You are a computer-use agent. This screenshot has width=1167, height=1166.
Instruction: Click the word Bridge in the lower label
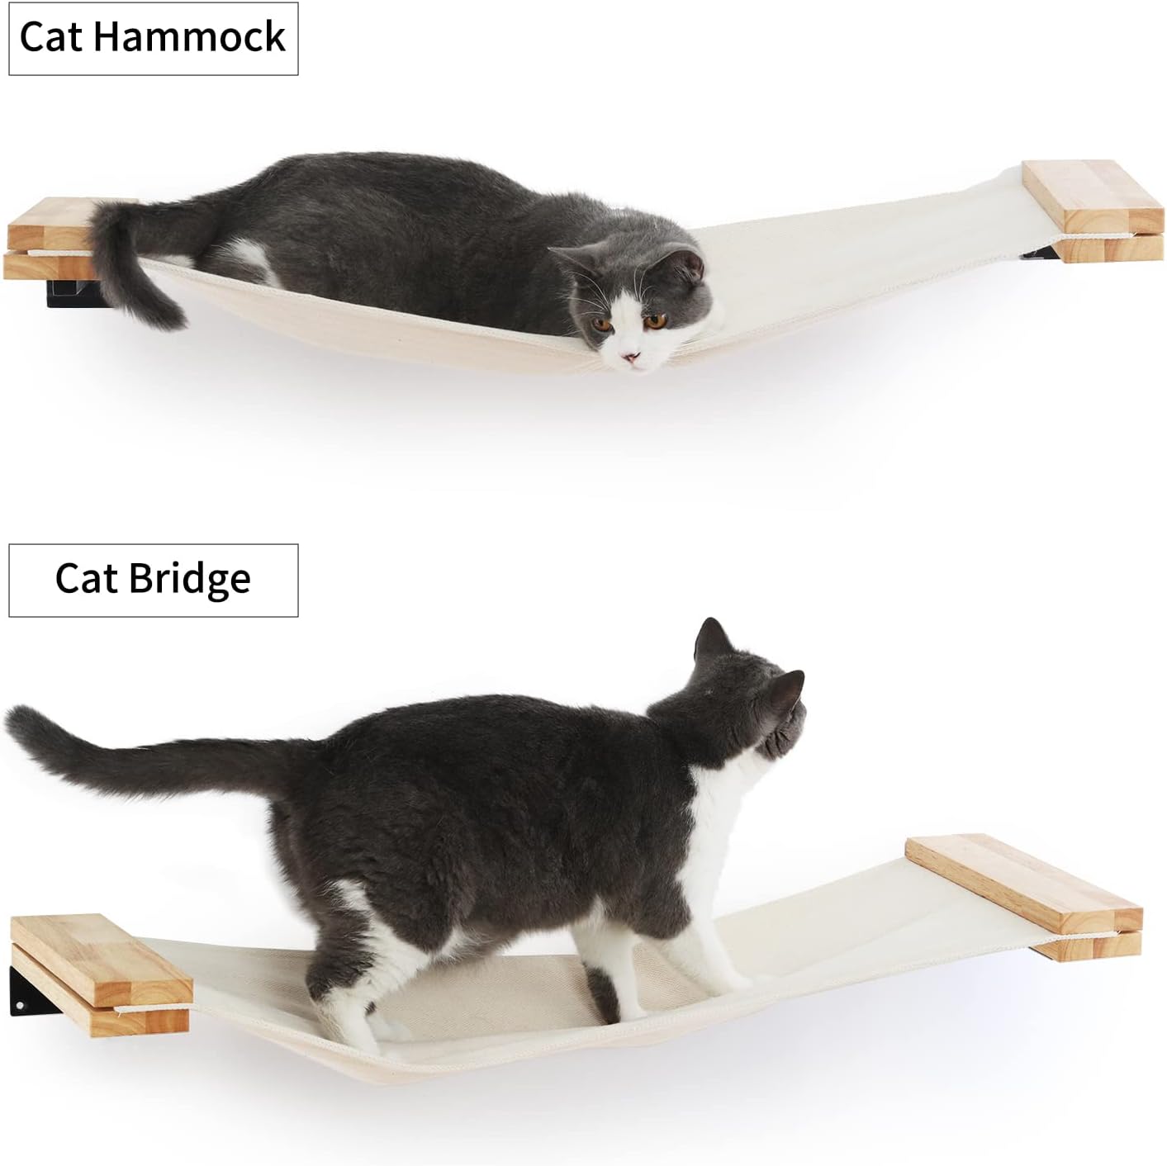pos(189,579)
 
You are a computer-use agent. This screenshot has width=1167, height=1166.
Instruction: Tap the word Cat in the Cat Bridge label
pos(85,579)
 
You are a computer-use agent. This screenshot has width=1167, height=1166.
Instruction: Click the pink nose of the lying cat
pos(631,358)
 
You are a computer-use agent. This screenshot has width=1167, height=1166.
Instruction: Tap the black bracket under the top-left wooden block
pos(70,291)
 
